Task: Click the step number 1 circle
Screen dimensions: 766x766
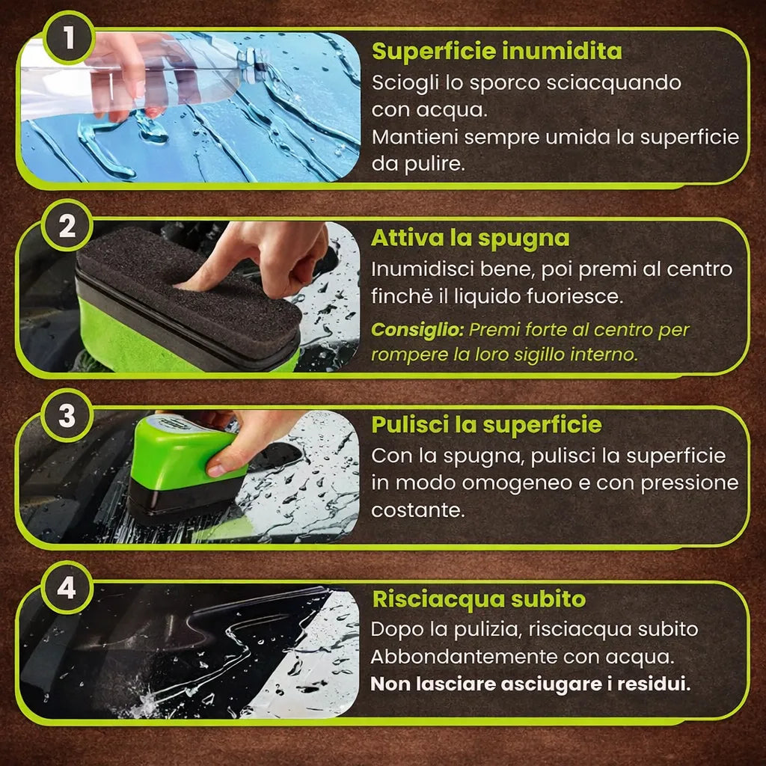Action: [68, 37]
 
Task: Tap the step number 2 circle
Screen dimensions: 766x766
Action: [67, 226]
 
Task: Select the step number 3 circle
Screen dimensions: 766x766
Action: [67, 416]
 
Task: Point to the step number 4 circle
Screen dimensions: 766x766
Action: [67, 587]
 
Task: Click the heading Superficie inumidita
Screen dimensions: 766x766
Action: [497, 52]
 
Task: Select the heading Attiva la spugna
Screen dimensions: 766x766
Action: [470, 239]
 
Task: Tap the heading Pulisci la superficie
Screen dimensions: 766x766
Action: [486, 425]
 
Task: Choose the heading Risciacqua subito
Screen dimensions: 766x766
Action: [479, 599]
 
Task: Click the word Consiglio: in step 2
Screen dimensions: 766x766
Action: [417, 330]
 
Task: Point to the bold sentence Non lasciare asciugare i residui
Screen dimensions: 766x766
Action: [530, 684]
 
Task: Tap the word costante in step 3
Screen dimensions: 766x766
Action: [417, 510]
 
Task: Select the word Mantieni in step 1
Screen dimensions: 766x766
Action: [415, 138]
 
